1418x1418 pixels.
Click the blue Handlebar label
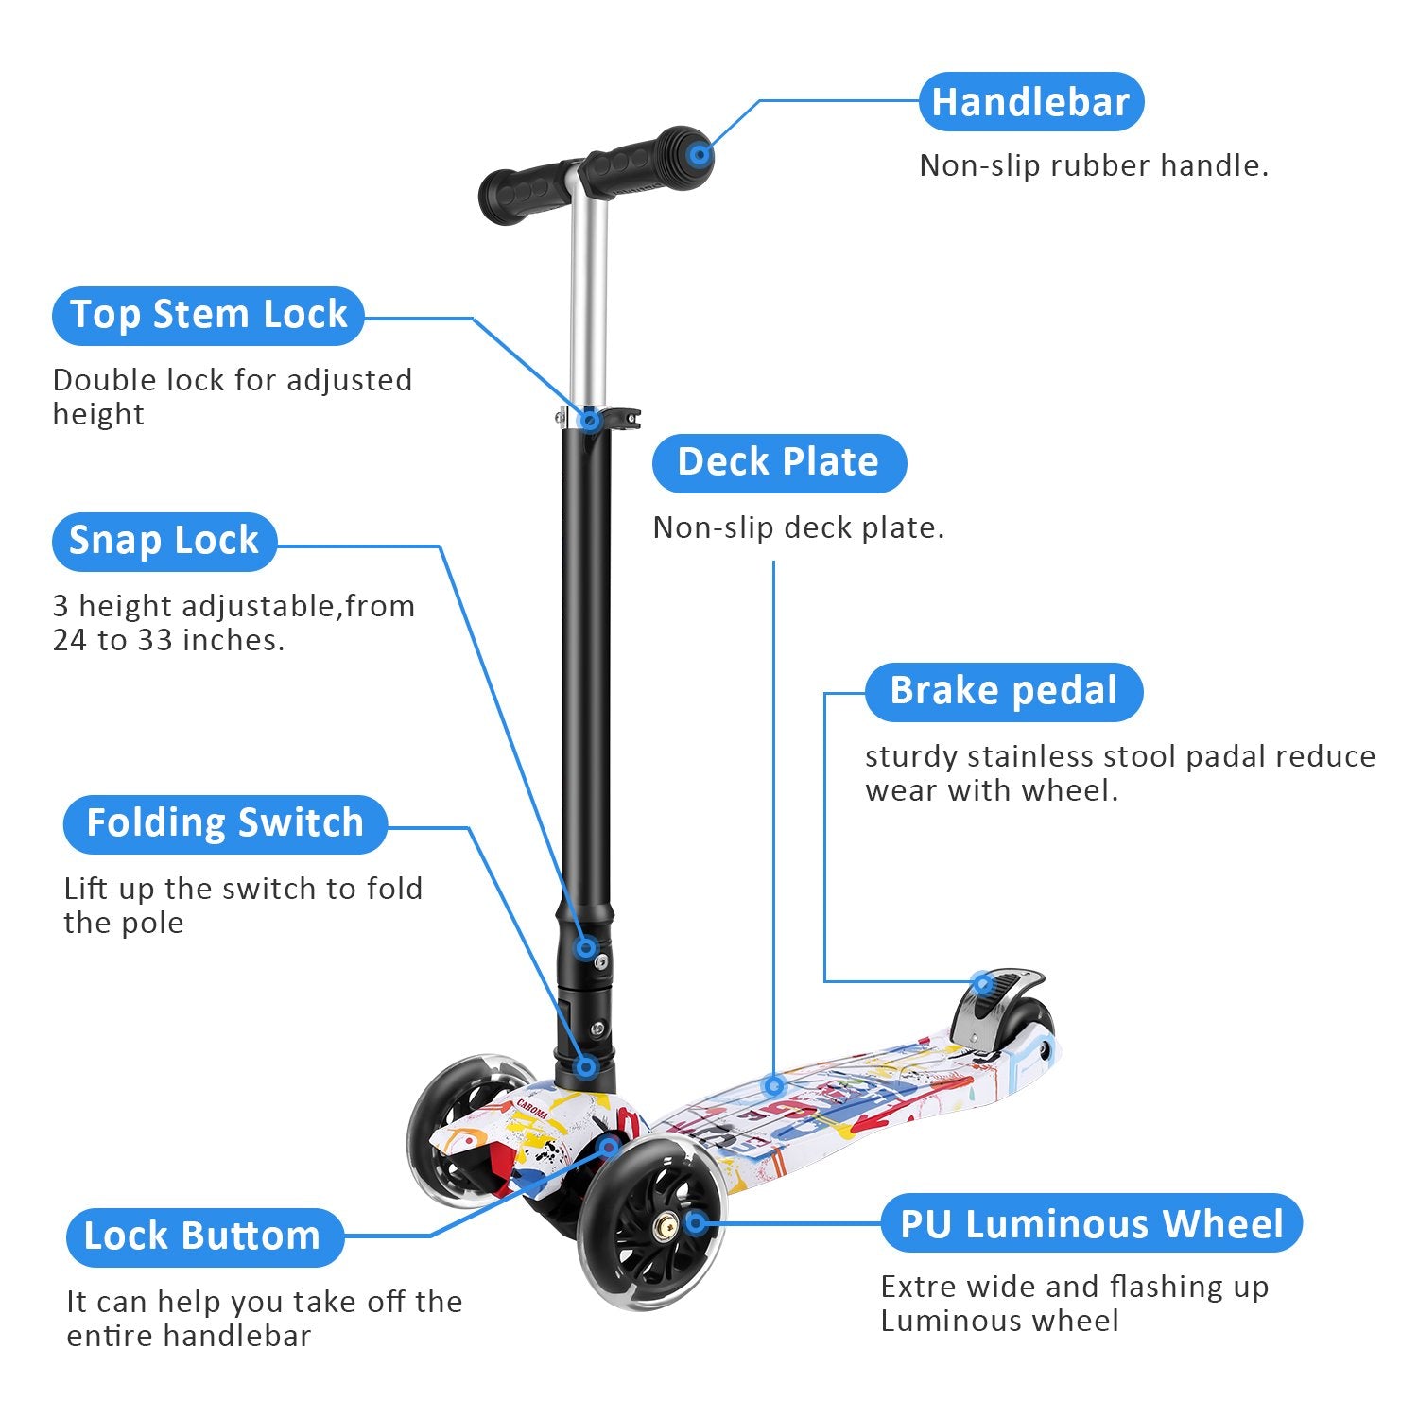point(1030,102)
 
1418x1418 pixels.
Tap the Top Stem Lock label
point(208,315)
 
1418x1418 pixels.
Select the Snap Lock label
point(164,541)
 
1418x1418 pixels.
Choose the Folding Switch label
point(225,823)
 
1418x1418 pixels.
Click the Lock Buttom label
point(203,1236)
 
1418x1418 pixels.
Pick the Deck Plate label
point(778,462)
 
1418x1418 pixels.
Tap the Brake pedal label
point(1003,691)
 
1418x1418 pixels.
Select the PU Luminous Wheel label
point(1091,1224)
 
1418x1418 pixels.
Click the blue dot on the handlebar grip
point(699,154)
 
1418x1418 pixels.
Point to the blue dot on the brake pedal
point(983,984)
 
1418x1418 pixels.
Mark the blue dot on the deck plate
point(774,1085)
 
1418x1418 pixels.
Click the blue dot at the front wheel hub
point(695,1223)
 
